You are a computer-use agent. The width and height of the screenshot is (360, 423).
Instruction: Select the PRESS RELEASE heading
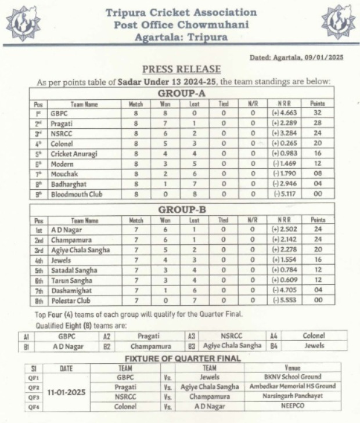click(181, 69)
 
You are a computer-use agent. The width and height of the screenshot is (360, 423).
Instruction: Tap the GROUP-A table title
click(182, 93)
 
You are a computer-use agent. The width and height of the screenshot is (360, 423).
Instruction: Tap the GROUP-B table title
click(182, 209)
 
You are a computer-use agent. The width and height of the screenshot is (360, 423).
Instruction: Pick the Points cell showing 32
click(318, 113)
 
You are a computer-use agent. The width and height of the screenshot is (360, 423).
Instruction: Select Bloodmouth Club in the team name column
click(76, 194)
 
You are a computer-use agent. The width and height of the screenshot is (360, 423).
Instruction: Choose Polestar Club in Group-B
click(71, 301)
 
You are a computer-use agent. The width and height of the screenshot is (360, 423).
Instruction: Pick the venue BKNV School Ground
click(293, 377)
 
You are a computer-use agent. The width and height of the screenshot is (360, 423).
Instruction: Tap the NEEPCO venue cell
click(293, 407)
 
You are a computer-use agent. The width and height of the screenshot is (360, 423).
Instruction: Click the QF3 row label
click(34, 397)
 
